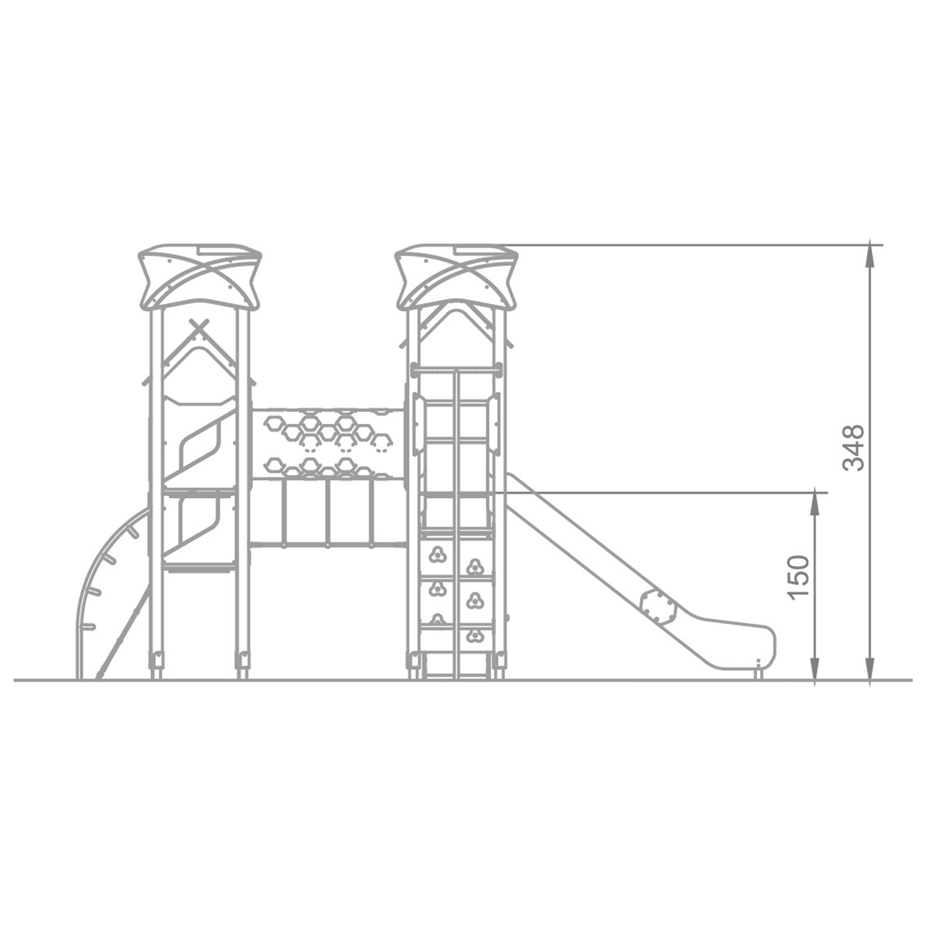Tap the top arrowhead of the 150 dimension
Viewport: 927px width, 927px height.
(x=816, y=504)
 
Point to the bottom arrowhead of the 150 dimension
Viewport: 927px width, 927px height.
(x=816, y=669)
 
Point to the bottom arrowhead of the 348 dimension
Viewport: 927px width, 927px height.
(x=870, y=669)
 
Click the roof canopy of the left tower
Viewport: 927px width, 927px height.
(x=200, y=276)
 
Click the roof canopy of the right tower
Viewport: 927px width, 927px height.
(x=456, y=276)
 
